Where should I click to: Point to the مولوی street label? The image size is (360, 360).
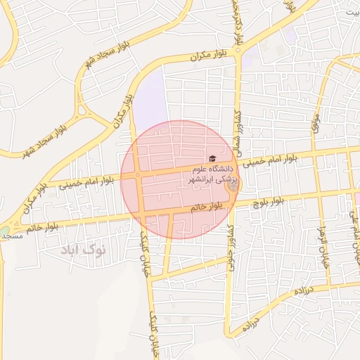316,124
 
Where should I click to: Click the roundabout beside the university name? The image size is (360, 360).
233,187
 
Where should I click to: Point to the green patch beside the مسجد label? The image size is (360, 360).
5,231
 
